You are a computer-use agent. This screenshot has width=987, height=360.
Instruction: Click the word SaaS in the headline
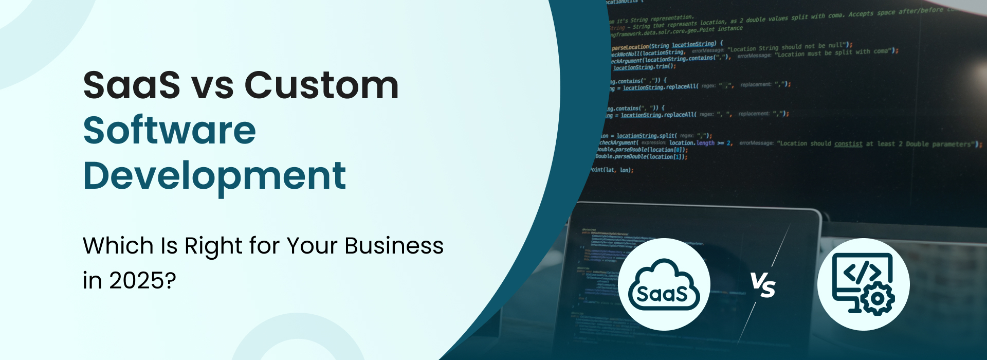click(132, 85)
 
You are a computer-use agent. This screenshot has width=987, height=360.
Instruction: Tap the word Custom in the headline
click(321, 85)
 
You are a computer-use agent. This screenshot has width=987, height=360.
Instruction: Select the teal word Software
click(170, 131)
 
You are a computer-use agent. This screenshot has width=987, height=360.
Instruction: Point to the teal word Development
click(214, 176)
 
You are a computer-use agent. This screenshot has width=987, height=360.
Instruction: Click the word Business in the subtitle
click(394, 246)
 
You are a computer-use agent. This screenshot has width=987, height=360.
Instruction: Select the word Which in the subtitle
click(118, 246)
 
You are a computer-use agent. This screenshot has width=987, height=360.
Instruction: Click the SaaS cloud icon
click(664, 284)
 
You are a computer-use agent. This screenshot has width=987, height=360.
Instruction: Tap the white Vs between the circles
click(763, 284)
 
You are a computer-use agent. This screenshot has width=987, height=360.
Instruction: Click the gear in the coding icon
click(878, 298)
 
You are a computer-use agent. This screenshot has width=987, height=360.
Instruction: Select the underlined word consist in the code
click(848, 144)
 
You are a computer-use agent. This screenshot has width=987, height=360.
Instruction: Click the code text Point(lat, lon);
click(612, 170)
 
